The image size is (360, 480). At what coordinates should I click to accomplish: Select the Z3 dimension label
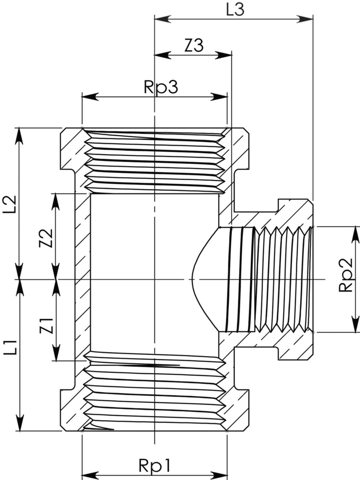tap(194, 45)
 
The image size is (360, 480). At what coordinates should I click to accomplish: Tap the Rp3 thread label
tap(161, 87)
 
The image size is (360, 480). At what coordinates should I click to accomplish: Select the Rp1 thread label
tap(154, 466)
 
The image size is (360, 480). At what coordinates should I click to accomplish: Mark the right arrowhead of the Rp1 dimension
tap(219, 475)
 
